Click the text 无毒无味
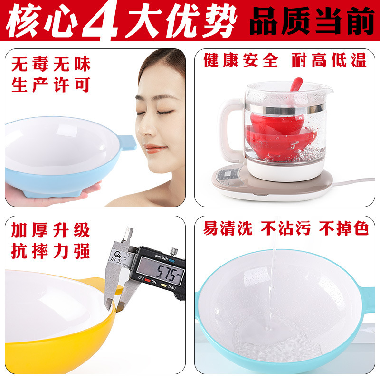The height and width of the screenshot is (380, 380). coord(51,64)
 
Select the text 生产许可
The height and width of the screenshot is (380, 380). coord(51,85)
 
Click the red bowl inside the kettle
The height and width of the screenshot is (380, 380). coord(280,135)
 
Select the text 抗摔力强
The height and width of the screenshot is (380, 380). coord(51,252)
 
